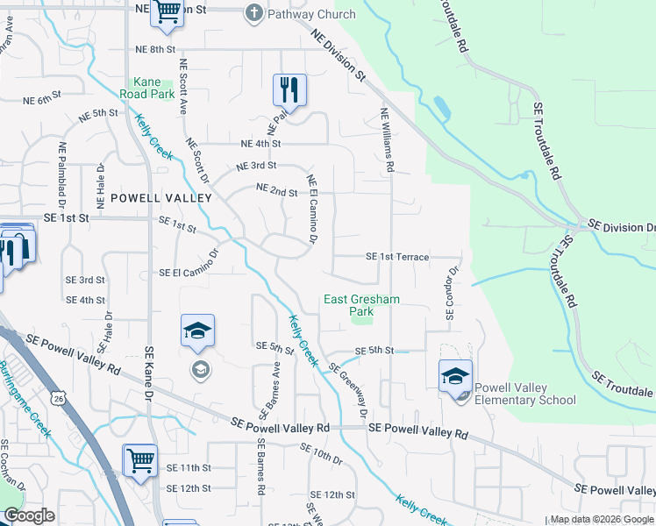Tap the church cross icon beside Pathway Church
pyautogui.click(x=253, y=13)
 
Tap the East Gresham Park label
pyautogui.click(x=361, y=305)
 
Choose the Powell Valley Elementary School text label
pyautogui.click(x=525, y=394)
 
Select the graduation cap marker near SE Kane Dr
pyautogui.click(x=198, y=331)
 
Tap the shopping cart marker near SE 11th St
pyautogui.click(x=140, y=459)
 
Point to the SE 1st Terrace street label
pyautogui.click(x=396, y=257)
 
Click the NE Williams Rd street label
pyautogui.click(x=387, y=139)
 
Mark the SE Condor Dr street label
pyautogui.click(x=450, y=294)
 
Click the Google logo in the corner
pyautogui.click(x=28, y=515)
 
